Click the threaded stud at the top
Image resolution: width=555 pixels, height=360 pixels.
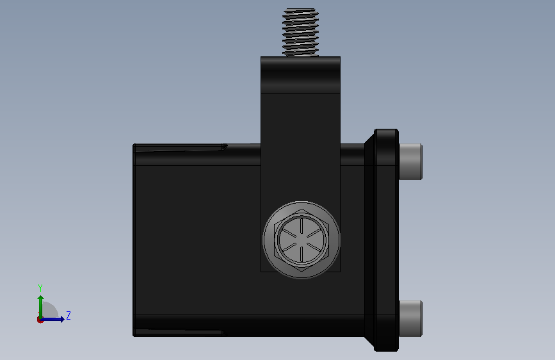(300, 32)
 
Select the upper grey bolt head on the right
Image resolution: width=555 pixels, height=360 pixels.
(410, 161)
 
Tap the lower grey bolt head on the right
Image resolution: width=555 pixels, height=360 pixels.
(410, 318)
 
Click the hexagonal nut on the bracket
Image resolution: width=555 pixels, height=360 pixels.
(302, 240)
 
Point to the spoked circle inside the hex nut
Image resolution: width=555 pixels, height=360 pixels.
(302, 240)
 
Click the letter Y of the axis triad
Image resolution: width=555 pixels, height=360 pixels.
(40, 288)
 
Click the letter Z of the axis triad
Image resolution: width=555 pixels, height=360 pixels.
(68, 315)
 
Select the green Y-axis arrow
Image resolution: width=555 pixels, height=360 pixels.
(41, 307)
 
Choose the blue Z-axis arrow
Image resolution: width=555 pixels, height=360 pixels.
(52, 320)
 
